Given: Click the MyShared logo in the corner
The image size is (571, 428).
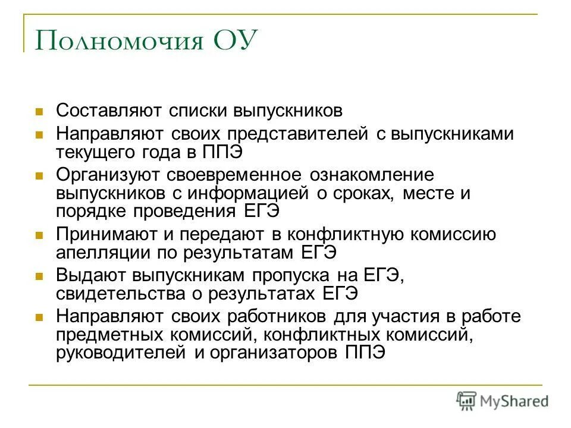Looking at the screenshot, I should coord(502,400).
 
